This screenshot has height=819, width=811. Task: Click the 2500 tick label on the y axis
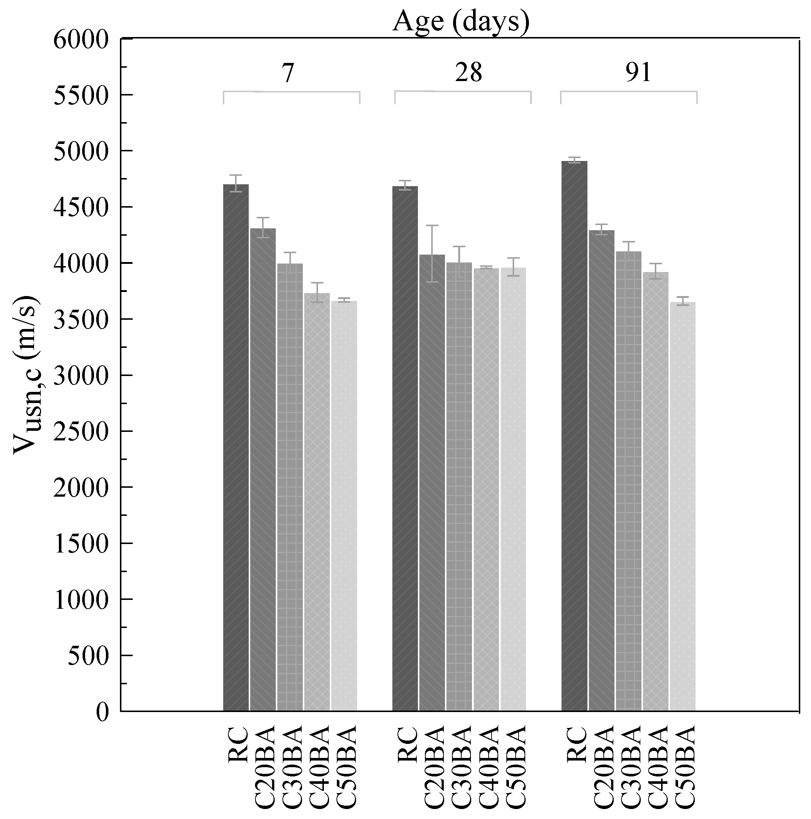point(81,432)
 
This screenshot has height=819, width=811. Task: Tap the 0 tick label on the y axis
point(102,712)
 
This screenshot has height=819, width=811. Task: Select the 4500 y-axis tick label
point(81,208)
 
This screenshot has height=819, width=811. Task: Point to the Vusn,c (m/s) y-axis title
point(26,375)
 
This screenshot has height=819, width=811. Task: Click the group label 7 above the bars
point(288,73)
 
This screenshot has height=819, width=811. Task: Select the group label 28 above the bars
point(469,73)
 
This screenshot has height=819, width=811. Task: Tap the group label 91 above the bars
point(638,73)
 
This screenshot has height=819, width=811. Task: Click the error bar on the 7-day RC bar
point(236,183)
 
